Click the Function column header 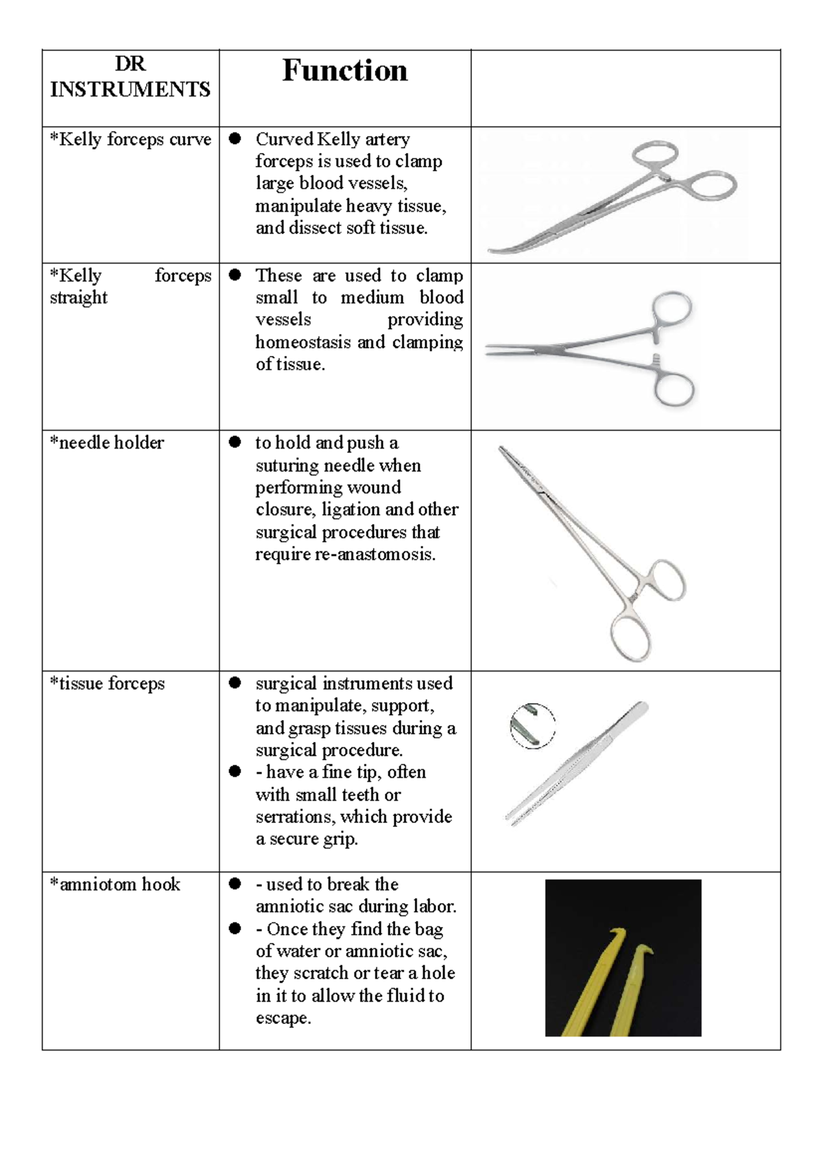344,71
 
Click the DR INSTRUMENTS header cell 130,77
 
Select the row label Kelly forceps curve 130,139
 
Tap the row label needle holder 107,443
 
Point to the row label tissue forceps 108,684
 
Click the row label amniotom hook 115,885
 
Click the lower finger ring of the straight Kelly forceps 674,389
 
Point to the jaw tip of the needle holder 503,451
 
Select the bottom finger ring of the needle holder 631,639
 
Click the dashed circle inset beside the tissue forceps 533,726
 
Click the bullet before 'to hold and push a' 235,443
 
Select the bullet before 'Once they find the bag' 235,929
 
